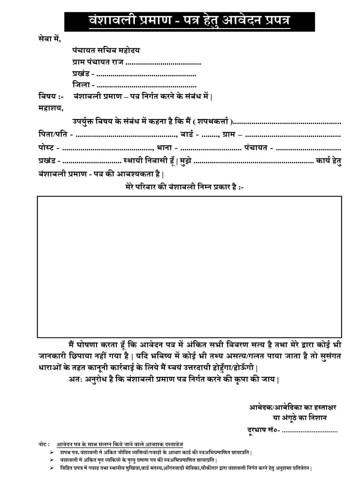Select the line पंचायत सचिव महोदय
click(x=106, y=50)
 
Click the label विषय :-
click(x=51, y=97)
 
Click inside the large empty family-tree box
click(x=189, y=266)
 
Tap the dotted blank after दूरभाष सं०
click(x=309, y=430)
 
